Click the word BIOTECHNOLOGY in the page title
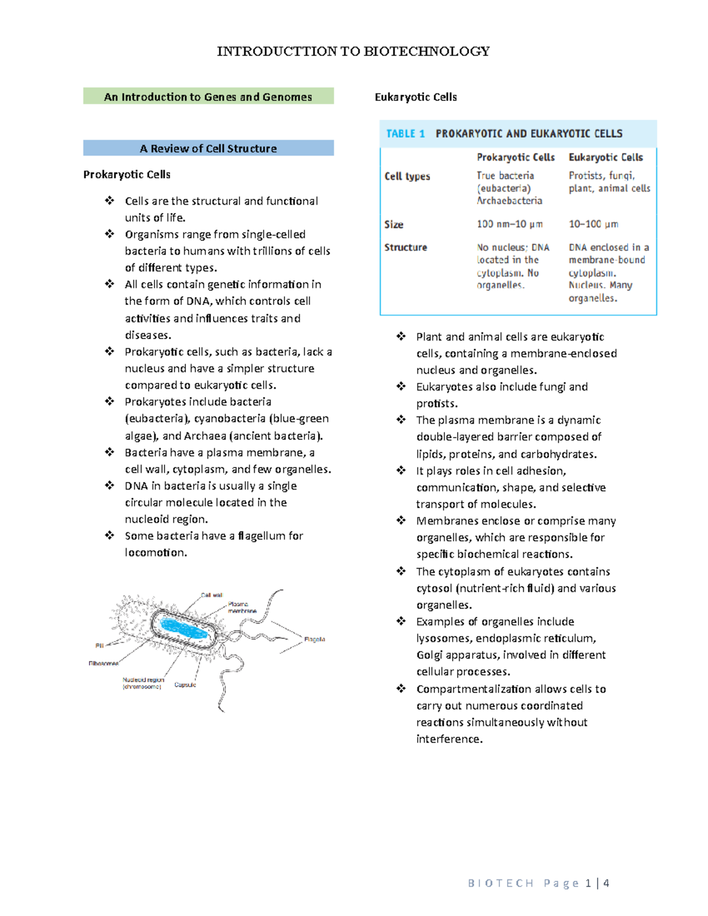426,51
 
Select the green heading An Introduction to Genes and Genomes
208,97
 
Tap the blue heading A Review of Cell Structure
208,149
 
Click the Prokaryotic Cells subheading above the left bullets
127,175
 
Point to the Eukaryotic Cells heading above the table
415,97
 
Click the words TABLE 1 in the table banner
405,134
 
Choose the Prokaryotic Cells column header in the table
516,157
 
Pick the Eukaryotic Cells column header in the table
605,157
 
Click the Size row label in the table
394,224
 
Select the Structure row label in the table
405,247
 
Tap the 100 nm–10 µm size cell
510,224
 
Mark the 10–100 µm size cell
594,224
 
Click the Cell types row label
407,176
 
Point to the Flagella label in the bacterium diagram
314,639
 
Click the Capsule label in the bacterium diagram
185,685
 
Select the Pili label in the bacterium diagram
99,646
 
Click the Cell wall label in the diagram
212,595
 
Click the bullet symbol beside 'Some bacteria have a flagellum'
110,536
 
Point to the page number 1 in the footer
588,883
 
